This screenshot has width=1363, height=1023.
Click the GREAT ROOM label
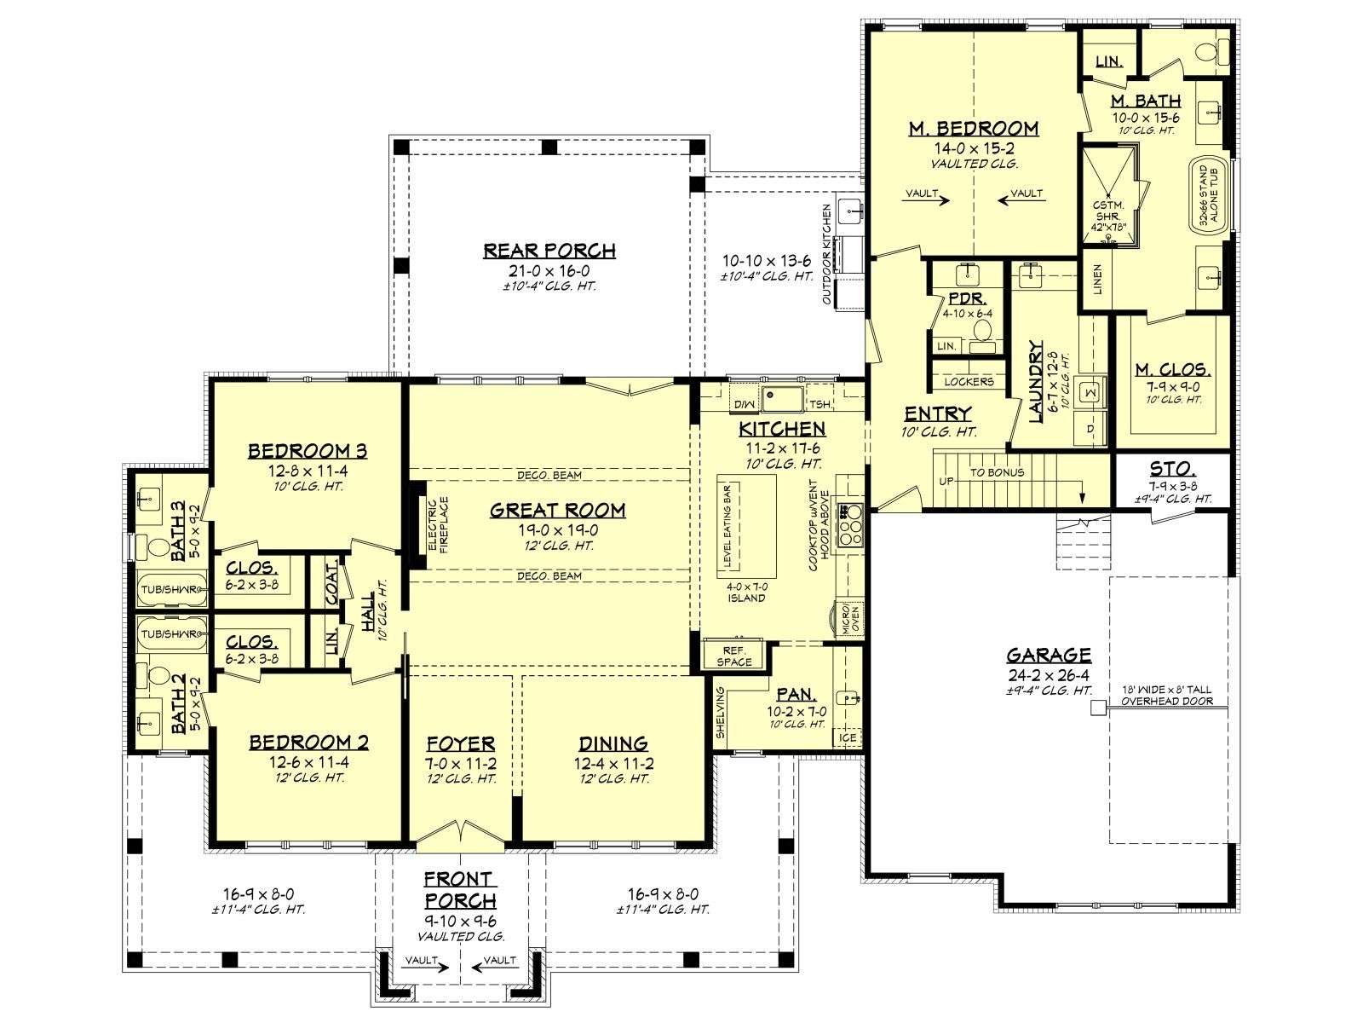[x=557, y=511]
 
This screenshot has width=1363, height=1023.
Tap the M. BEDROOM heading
[x=973, y=129]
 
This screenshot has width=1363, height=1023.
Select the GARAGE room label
[x=1048, y=656]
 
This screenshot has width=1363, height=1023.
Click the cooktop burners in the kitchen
[x=849, y=525]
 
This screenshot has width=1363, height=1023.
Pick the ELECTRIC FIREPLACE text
[x=439, y=525]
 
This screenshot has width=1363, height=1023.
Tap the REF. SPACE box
[x=734, y=656]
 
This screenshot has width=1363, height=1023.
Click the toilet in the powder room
[x=981, y=331]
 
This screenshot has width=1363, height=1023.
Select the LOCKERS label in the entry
[x=969, y=382]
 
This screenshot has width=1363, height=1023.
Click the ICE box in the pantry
[x=848, y=738]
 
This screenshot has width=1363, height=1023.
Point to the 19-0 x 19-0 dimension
[x=557, y=530]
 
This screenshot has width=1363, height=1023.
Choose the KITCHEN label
[x=782, y=429]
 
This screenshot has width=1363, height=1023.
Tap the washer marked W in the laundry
[x=1091, y=392]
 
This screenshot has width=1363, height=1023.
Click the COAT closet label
[x=331, y=581]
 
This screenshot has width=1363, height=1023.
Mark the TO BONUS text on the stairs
[x=997, y=472]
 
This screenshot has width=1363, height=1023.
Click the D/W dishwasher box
[x=744, y=404]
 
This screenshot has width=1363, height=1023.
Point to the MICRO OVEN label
[x=850, y=619]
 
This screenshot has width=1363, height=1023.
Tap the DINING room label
[x=613, y=743]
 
